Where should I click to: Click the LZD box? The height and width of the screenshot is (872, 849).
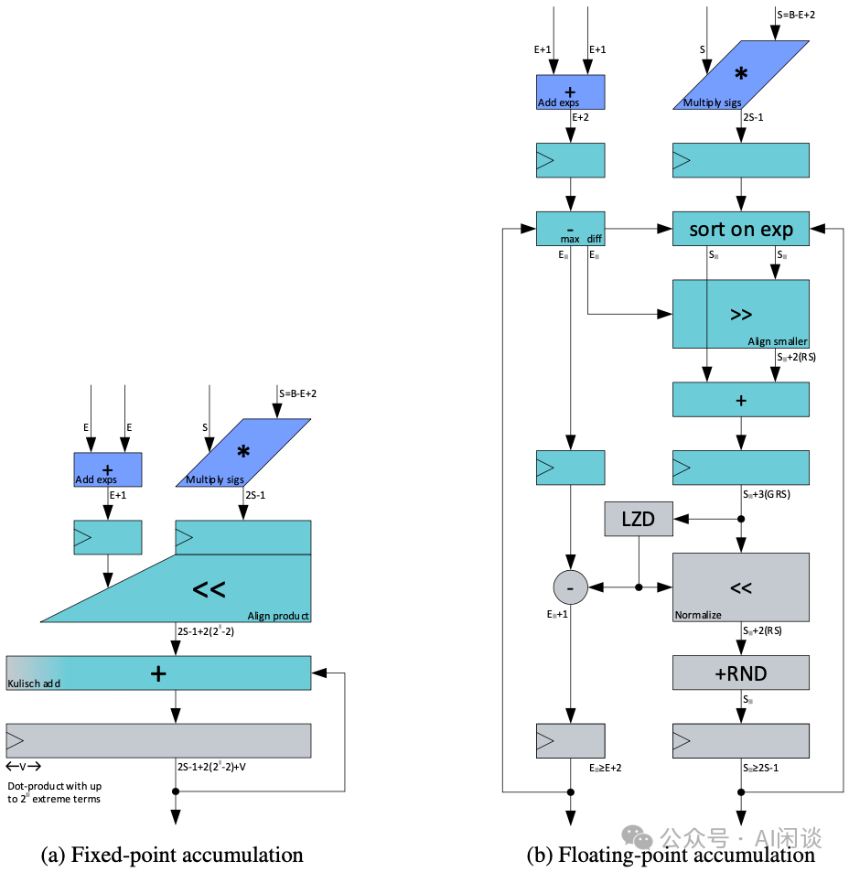click(637, 519)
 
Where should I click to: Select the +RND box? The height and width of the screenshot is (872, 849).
click(741, 673)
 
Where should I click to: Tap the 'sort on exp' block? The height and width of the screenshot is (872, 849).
click(741, 228)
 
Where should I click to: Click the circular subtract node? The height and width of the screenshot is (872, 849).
click(570, 587)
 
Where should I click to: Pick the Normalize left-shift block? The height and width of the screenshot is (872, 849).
click(741, 587)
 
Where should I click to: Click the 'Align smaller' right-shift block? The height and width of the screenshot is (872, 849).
click(741, 314)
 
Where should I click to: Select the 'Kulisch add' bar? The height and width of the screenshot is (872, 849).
click(158, 673)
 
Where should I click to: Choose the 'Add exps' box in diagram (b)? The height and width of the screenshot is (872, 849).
click(570, 92)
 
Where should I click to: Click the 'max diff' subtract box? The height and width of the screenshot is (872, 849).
click(570, 229)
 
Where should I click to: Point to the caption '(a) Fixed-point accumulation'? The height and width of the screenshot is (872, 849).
click(173, 855)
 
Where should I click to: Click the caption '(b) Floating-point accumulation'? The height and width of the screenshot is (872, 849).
click(671, 855)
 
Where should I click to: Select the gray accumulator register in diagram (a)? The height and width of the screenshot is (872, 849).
click(158, 740)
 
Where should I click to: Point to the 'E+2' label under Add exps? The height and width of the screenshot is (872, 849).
click(580, 118)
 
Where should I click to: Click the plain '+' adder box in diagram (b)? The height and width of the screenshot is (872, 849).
click(741, 399)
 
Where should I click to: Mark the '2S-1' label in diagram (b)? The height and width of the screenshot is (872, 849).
click(754, 118)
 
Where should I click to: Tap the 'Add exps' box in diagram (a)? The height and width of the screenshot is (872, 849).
click(108, 469)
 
